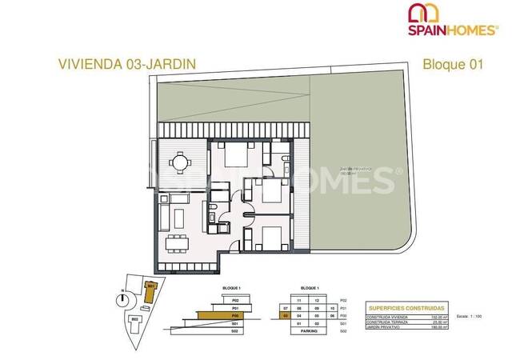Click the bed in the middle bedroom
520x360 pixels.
267,192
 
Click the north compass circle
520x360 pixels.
122,298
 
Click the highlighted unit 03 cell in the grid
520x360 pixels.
285,315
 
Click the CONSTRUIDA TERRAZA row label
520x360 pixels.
387,321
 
